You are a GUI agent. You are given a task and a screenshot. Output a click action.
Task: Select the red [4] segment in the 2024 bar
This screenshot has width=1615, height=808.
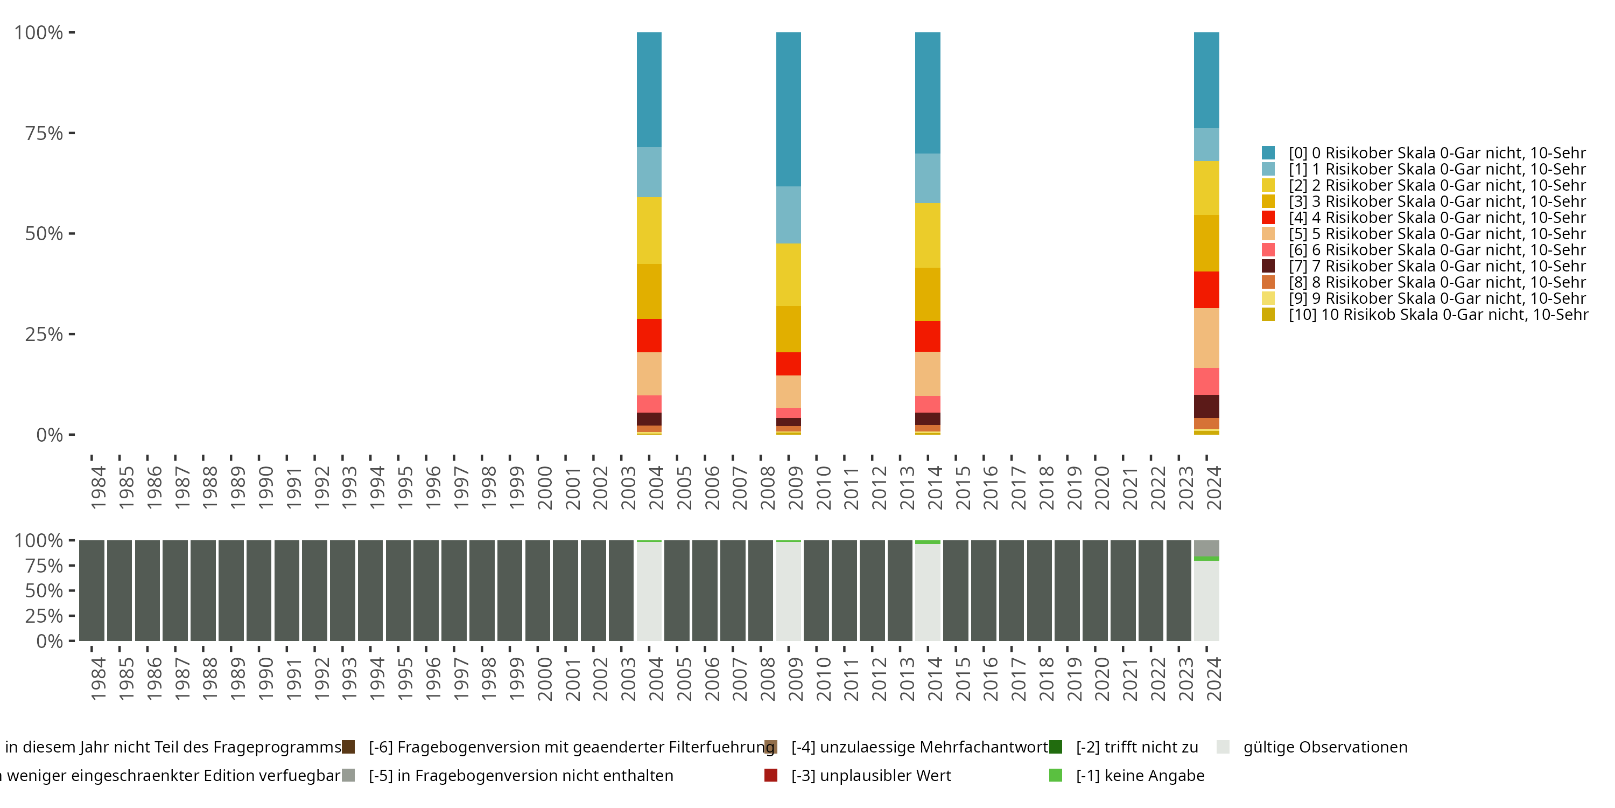point(1206,289)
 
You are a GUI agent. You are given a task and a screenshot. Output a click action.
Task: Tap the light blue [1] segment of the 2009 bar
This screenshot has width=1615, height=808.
point(788,214)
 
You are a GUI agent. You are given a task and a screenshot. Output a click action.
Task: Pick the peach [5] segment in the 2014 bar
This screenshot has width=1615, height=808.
point(927,373)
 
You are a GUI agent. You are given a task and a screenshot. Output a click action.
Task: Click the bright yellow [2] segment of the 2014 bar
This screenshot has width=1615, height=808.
point(927,235)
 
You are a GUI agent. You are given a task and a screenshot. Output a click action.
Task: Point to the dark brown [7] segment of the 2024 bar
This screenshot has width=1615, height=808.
point(1206,406)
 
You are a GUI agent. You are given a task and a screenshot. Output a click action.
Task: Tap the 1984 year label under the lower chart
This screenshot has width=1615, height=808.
point(98,679)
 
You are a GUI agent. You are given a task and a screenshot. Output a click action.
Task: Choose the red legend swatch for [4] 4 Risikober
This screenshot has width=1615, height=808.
point(1268,218)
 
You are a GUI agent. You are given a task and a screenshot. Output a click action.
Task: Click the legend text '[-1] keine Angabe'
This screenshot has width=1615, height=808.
point(1140,775)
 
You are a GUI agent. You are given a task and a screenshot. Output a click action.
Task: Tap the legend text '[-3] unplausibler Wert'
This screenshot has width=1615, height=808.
point(871,775)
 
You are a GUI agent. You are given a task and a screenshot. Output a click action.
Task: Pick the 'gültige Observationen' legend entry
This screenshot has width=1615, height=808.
point(1324,747)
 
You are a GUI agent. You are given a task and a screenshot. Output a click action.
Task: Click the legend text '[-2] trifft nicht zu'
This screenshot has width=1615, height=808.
point(1136,747)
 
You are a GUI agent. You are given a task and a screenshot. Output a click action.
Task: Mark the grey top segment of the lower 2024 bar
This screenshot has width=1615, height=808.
point(1206,548)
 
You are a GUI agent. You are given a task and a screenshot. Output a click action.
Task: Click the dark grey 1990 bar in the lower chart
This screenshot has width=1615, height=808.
point(258,590)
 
